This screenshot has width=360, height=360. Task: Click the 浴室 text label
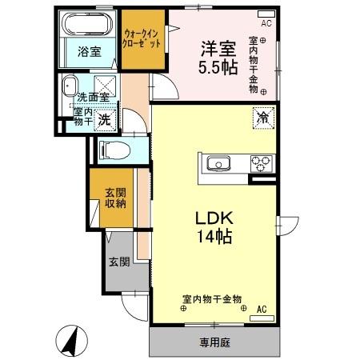pos(89,52)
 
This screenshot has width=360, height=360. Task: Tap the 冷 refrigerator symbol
pos(262,116)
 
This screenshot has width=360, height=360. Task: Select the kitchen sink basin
pos(218,164)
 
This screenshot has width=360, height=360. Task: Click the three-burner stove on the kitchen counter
pos(260,163)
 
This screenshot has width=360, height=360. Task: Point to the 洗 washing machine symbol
pos(103,121)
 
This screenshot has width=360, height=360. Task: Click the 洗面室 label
pos(93,97)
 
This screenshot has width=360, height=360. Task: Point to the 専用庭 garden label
pos(214,343)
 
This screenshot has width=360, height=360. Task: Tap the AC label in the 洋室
pos(266,23)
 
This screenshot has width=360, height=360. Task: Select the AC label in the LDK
pos(261,309)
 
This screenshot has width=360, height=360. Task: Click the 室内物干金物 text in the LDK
pos(212,298)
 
